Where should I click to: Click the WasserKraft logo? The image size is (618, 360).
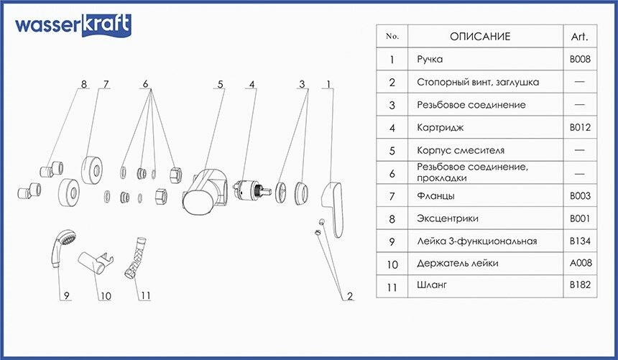coord(73,25)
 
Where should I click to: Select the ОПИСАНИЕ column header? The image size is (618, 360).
coord(479,37)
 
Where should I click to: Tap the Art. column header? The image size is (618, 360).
coord(579,37)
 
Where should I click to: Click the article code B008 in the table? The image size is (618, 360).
coord(580,59)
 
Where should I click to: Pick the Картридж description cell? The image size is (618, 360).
coord(440,128)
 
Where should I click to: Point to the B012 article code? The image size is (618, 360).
coord(580,127)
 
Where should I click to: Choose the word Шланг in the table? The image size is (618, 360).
coord(432,285)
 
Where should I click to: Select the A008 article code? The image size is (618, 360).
coord(581,262)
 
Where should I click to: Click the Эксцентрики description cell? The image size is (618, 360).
coord(448,218)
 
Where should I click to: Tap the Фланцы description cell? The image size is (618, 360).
coord(435,196)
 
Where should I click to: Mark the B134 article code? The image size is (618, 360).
coord(580,241)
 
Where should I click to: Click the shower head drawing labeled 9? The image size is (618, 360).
coord(62,249)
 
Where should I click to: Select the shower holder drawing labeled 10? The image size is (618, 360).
coord(96,261)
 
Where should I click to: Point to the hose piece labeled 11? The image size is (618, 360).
coord(135,258)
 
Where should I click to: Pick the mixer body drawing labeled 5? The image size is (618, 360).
coord(205,192)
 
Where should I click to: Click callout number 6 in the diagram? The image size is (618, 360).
coord(145,84)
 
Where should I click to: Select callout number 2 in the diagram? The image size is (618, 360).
coord(350,296)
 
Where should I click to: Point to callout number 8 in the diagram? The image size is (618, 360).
coord(83,84)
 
